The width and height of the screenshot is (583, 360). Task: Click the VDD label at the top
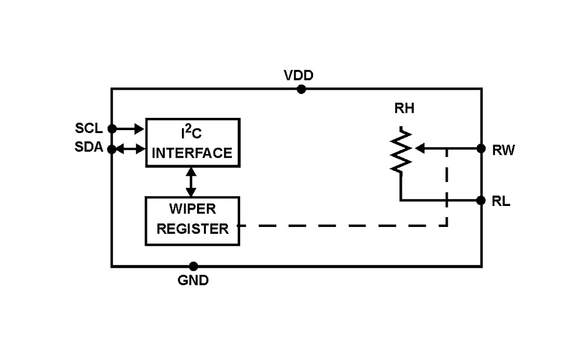tap(298, 76)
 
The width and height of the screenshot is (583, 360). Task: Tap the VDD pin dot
tap(301, 89)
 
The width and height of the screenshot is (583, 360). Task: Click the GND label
tap(193, 281)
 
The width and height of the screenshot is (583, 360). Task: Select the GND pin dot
tap(194, 267)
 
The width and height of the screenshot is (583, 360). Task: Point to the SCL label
tap(89, 128)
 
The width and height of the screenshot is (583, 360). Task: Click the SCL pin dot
tap(112, 128)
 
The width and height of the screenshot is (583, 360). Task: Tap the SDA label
tap(89, 148)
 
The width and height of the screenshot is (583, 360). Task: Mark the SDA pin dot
tap(112, 149)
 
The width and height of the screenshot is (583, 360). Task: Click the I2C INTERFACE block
tap(192, 143)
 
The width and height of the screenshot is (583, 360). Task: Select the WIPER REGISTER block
tap(192, 221)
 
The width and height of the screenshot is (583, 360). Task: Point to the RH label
tap(404, 109)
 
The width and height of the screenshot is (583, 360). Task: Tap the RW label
tap(503, 151)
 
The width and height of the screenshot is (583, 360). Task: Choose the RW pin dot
tap(481, 149)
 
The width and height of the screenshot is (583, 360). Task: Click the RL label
tap(501, 202)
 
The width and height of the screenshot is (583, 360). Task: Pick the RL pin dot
tap(481, 201)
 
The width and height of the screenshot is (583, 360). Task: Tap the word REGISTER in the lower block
tap(192, 229)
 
